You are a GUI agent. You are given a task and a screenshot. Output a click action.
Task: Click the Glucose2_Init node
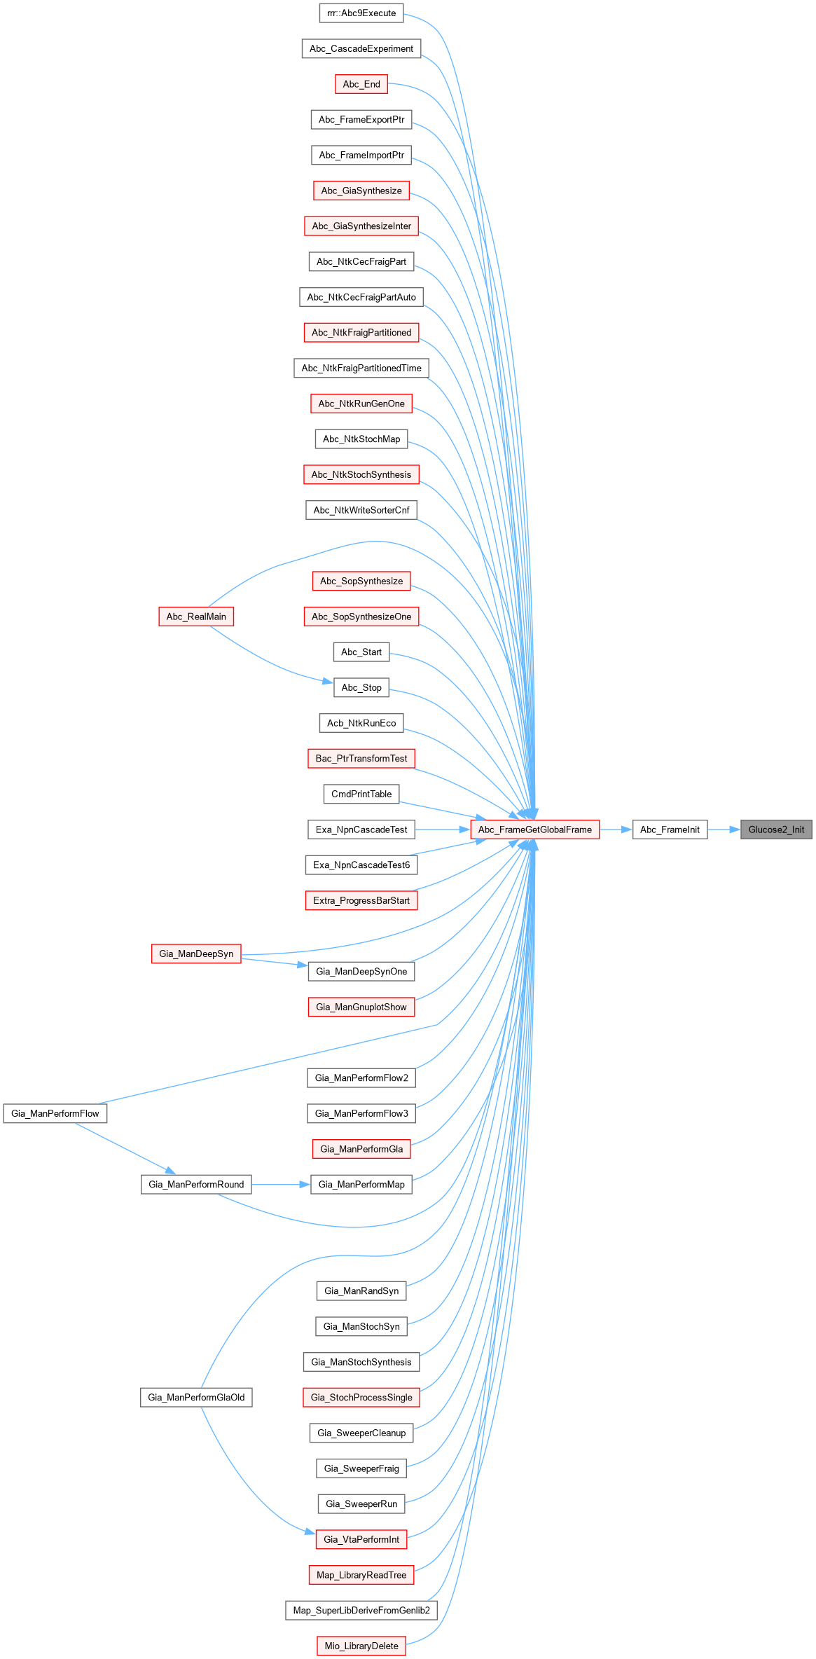pos(776,829)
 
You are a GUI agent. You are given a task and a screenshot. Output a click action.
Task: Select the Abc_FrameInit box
pos(670,829)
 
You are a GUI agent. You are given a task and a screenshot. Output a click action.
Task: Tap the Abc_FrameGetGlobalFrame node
pos(535,829)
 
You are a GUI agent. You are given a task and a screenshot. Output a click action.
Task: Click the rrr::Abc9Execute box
pos(361,13)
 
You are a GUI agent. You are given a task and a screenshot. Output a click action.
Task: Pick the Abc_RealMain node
pos(196,617)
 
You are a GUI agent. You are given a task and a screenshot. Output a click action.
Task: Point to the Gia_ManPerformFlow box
pos(55,1113)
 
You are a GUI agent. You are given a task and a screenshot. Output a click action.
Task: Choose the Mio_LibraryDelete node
pos(361,1646)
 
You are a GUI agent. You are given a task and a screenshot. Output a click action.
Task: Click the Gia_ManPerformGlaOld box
pos(196,1397)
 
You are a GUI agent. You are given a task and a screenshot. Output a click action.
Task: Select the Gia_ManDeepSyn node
pos(196,954)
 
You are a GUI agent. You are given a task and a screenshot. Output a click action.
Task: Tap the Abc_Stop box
pos(361,687)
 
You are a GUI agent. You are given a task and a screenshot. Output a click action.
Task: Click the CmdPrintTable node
pos(361,794)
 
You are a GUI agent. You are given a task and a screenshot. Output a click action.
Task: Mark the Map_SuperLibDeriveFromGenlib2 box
pos(361,1610)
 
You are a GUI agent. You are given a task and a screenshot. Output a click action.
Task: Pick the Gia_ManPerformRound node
pos(196,1184)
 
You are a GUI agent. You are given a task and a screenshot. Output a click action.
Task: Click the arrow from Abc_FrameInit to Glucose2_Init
pos(724,829)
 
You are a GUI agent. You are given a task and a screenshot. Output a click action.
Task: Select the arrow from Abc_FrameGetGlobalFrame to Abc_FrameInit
pos(616,829)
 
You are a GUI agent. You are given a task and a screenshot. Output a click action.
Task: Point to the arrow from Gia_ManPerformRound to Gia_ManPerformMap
pos(280,1184)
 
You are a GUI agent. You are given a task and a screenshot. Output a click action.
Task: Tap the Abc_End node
pos(361,84)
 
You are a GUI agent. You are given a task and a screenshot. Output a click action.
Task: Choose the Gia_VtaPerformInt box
pos(361,1539)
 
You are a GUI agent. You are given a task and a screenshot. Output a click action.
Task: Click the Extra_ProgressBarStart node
pos(361,900)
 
